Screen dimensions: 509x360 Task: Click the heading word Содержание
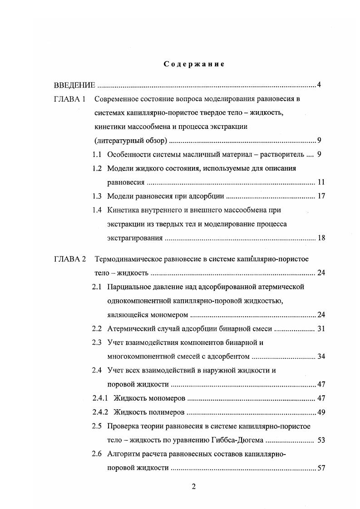194,64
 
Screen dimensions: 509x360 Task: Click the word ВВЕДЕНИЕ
74,85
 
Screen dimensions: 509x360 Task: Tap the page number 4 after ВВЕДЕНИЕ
319,85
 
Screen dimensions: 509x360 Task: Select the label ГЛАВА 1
69,99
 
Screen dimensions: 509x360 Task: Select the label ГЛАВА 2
69,259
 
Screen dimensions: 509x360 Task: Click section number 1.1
96,154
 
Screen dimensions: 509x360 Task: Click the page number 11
321,182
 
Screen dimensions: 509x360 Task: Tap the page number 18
321,238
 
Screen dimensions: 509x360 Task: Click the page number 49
321,412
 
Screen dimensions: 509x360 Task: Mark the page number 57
321,468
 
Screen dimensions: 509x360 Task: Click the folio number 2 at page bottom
193,487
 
